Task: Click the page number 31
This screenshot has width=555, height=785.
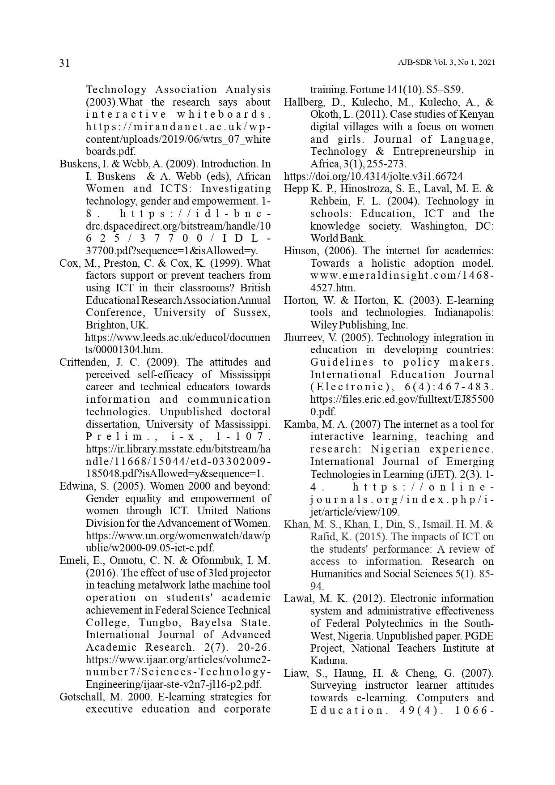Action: pos(64,63)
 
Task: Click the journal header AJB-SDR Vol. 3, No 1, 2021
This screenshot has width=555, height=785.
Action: pos(446,63)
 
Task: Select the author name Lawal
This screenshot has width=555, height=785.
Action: pos(297,599)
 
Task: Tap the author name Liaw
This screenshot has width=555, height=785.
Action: pos(295,673)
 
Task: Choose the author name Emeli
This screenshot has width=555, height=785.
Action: pos(72,561)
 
